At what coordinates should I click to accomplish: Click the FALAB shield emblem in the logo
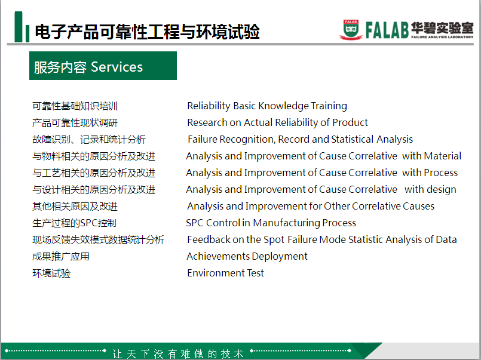(x=351, y=30)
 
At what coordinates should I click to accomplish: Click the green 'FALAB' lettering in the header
(x=387, y=30)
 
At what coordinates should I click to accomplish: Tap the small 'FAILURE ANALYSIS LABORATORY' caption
(x=442, y=37)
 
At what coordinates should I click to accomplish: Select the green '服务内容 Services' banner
(x=103, y=66)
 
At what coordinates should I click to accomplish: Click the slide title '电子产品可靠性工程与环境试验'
(x=147, y=32)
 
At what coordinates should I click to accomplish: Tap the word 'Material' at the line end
(x=443, y=156)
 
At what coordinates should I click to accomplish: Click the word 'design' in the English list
(x=442, y=190)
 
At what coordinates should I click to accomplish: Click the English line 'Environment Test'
(x=225, y=273)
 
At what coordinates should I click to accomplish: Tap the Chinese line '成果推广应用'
(x=61, y=257)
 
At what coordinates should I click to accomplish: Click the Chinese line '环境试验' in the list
(x=51, y=273)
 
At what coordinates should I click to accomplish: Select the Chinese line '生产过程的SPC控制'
(x=74, y=223)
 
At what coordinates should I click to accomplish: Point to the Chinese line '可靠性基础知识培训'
(x=75, y=106)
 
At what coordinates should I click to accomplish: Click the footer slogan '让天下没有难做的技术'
(x=178, y=353)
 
